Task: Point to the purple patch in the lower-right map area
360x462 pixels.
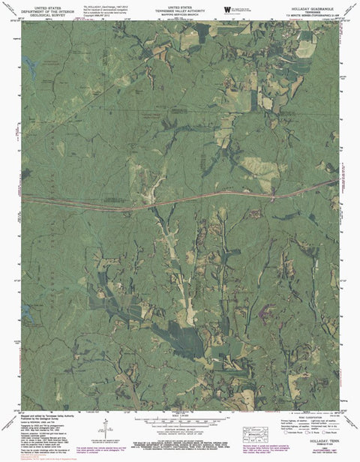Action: [264, 309]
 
